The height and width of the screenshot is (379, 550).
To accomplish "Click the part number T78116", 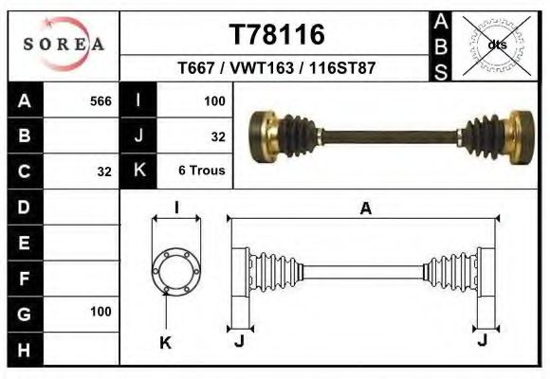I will point(277,34).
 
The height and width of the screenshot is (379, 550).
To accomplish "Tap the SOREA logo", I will point(63,45).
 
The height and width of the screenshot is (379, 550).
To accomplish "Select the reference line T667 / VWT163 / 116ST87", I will point(276,69).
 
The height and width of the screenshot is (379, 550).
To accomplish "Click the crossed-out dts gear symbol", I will point(496,45).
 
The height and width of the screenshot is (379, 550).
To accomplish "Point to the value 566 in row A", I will point(101,100).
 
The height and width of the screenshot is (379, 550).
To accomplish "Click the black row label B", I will point(25,135).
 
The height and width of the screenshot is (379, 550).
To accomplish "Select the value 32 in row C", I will point(104,171).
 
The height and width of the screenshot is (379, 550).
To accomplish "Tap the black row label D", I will point(25,207).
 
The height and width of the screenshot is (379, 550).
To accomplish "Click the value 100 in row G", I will point(101,311).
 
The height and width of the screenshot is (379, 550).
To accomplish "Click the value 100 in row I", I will point(214,100).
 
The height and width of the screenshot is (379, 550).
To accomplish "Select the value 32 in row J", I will point(217,136).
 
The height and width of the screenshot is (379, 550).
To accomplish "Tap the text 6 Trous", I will point(201,171).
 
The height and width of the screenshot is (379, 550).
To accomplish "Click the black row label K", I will point(139,171).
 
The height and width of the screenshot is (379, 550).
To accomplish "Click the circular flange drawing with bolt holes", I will point(176,271).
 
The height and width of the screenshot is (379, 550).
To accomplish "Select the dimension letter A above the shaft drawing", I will point(365,209).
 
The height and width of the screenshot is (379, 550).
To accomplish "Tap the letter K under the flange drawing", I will point(164,342).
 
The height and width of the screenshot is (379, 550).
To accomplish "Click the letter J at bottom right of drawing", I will point(484,340).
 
